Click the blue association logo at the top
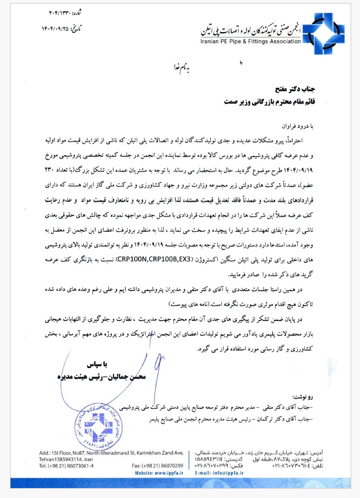[321, 31]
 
